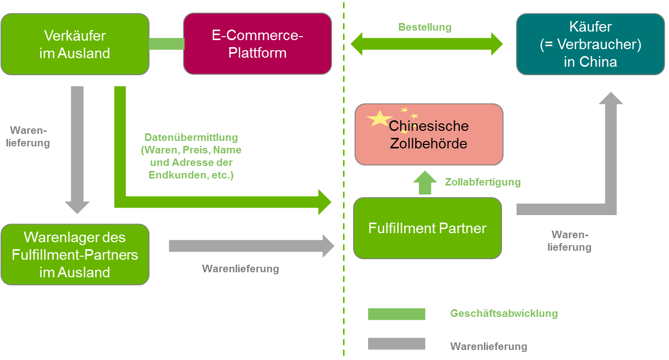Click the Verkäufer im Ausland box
75,44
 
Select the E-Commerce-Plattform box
257,44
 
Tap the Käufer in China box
590,44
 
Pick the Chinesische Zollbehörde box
429,134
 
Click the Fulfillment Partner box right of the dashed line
427,228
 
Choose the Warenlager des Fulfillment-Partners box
75,254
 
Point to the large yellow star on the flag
380,119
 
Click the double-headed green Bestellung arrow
426,44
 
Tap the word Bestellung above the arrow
425,27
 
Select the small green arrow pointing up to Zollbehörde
425,183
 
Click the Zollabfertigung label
482,182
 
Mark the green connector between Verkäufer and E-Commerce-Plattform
166,44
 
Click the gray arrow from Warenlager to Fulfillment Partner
251,246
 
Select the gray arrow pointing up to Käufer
609,150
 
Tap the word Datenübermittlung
191,137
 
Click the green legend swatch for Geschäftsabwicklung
396,314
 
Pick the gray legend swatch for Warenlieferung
396,344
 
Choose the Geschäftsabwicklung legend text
504,314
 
